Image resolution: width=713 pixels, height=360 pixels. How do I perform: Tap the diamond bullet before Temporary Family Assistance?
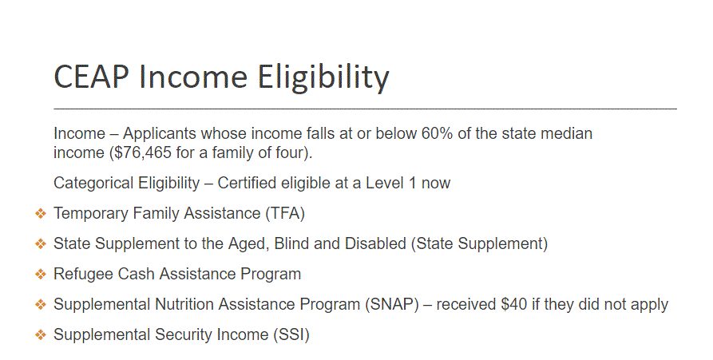(41, 214)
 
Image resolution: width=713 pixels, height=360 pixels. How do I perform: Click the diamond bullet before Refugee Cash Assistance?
(41, 275)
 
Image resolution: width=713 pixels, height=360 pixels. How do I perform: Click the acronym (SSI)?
(291, 334)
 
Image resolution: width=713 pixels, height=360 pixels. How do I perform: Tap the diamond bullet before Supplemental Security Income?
(41, 335)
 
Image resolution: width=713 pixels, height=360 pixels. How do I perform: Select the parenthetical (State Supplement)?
(479, 243)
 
